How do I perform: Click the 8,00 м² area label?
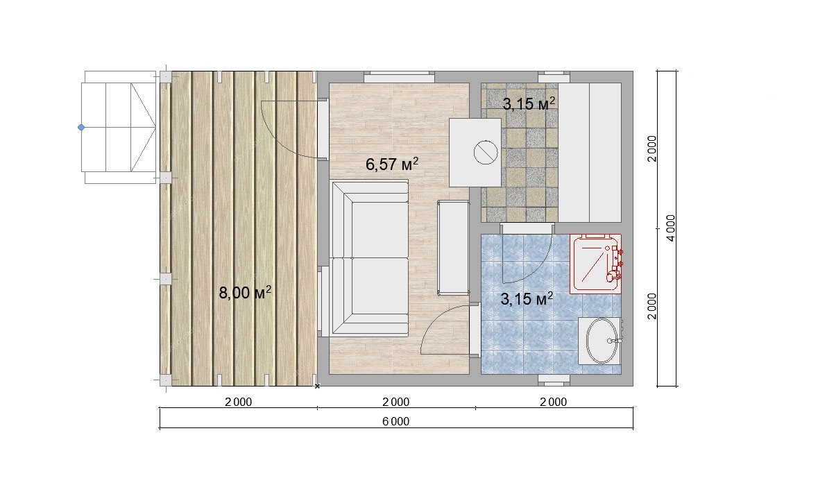click(245, 293)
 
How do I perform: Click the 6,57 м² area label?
click(392, 164)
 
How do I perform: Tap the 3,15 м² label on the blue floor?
click(527, 299)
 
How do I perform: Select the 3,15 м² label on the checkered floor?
click(529, 104)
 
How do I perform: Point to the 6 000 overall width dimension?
click(396, 421)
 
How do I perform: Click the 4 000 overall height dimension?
click(671, 228)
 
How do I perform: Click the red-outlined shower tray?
click(595, 264)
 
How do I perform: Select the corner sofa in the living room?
click(369, 258)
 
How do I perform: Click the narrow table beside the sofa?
click(453, 247)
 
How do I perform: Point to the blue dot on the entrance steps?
click(81, 127)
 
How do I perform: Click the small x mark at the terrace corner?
click(317, 386)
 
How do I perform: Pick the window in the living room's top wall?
click(399, 77)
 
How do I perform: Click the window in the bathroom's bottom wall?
click(553, 380)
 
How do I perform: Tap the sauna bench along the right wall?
click(590, 153)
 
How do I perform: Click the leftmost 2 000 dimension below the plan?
click(239, 402)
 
